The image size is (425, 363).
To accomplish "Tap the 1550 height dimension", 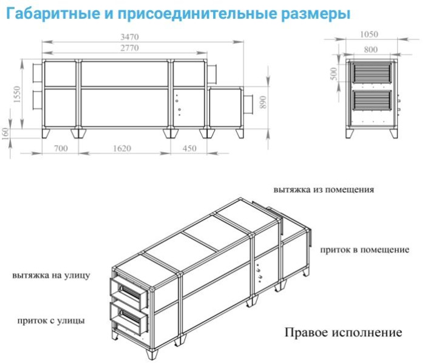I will click(x=18, y=95).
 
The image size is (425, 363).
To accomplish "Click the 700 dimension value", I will click(x=61, y=148).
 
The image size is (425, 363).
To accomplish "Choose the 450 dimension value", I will click(x=189, y=148).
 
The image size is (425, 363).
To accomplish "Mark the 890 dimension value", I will click(x=263, y=102).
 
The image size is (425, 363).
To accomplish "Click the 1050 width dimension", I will click(x=369, y=35).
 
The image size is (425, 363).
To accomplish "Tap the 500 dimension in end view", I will click(x=333, y=73).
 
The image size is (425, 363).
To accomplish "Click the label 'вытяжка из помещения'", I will click(x=323, y=188).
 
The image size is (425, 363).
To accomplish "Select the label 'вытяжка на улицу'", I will click(x=52, y=275).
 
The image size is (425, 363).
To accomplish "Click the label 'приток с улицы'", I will click(x=52, y=319).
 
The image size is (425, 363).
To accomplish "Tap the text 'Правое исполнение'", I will click(x=343, y=333).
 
